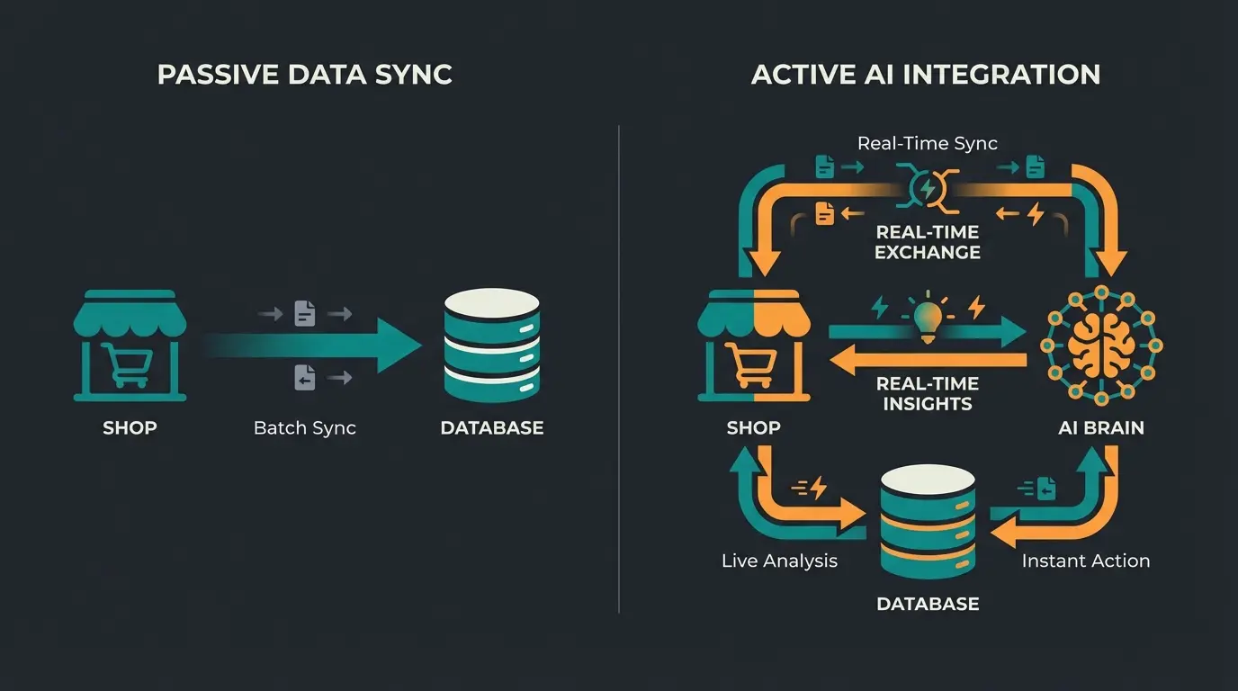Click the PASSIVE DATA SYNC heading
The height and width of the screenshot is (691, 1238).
304,75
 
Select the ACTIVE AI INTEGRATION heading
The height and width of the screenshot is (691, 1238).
926,75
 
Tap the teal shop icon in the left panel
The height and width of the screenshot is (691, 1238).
130,345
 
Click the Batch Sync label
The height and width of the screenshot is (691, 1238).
305,428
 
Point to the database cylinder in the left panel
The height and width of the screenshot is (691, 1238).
491,345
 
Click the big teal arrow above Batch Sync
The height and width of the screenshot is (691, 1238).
315,345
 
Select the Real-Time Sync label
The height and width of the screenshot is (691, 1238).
927,143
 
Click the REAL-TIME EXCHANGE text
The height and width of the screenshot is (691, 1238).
927,242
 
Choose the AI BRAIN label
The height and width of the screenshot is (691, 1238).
1100,428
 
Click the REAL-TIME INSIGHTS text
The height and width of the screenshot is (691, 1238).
927,394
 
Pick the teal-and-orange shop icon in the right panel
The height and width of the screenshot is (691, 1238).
754,345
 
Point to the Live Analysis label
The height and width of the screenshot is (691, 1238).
779,561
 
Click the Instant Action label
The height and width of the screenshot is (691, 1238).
1085,561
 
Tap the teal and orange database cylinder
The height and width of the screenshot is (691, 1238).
927,524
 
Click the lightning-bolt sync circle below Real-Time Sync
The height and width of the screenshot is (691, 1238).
926,188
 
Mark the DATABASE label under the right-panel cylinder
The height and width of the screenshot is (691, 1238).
927,604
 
